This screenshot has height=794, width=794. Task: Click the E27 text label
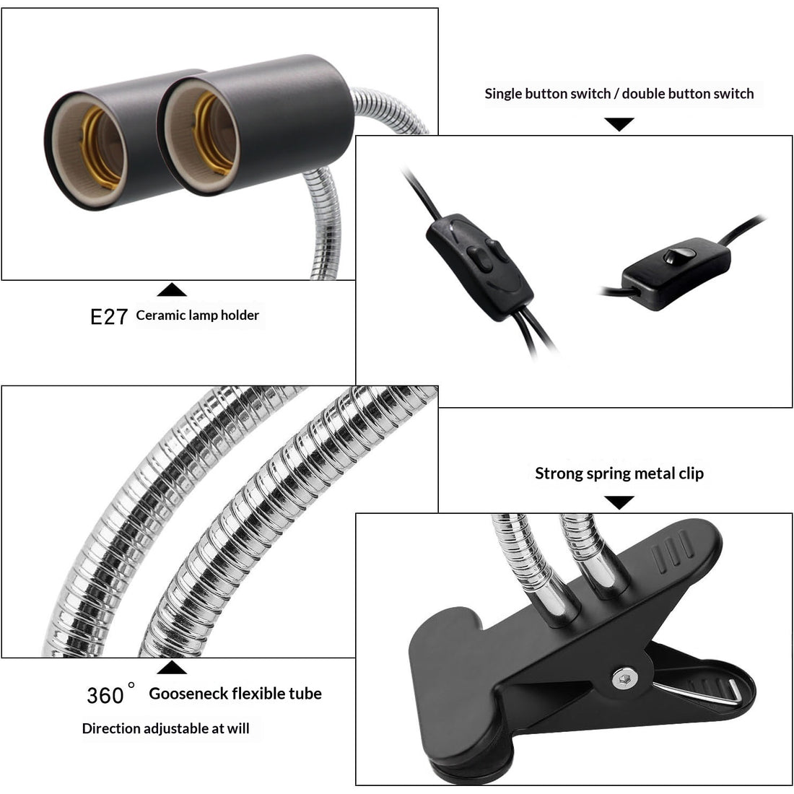[x=109, y=316]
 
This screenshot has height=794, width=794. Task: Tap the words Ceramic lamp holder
[x=198, y=315]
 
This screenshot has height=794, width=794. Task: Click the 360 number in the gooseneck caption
[x=105, y=695]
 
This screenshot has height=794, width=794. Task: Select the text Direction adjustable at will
[x=165, y=728]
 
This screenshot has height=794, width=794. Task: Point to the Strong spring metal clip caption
[x=619, y=474]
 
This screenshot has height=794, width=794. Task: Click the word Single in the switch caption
[x=505, y=94]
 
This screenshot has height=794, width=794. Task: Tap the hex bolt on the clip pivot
[x=624, y=677]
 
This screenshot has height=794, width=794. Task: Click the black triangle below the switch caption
[x=619, y=123]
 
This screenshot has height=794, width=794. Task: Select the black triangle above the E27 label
[x=172, y=289]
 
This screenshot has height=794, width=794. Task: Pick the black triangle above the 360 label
[x=172, y=668]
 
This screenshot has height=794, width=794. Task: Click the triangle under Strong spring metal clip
[x=619, y=502]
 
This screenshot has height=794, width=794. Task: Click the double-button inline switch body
[x=480, y=267]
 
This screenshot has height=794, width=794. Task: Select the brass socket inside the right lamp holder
[x=214, y=134]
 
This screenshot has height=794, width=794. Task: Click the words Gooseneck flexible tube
[x=235, y=694]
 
